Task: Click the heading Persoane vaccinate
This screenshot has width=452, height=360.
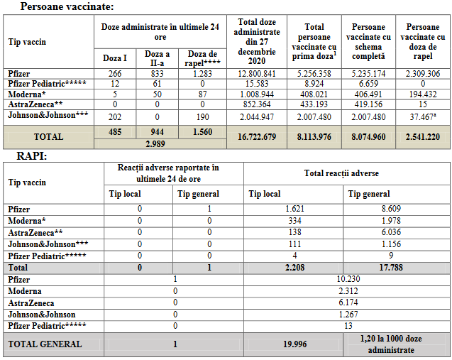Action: pos(67,7)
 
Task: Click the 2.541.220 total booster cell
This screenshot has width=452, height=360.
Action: pos(421,136)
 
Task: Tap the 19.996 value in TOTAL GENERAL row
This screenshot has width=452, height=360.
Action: pos(292,344)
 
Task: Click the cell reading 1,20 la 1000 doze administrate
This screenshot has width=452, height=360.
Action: pos(396,344)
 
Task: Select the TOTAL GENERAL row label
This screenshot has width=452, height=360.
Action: pos(45,344)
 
